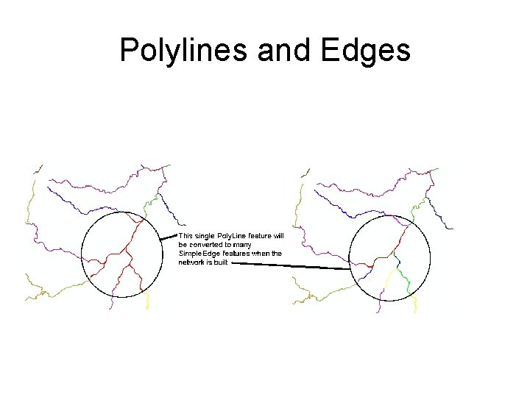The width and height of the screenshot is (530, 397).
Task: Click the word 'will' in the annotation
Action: (x=278, y=236)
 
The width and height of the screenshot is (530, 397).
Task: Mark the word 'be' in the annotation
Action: (x=183, y=245)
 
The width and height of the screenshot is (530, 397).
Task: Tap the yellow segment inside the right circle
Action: (x=384, y=283)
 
